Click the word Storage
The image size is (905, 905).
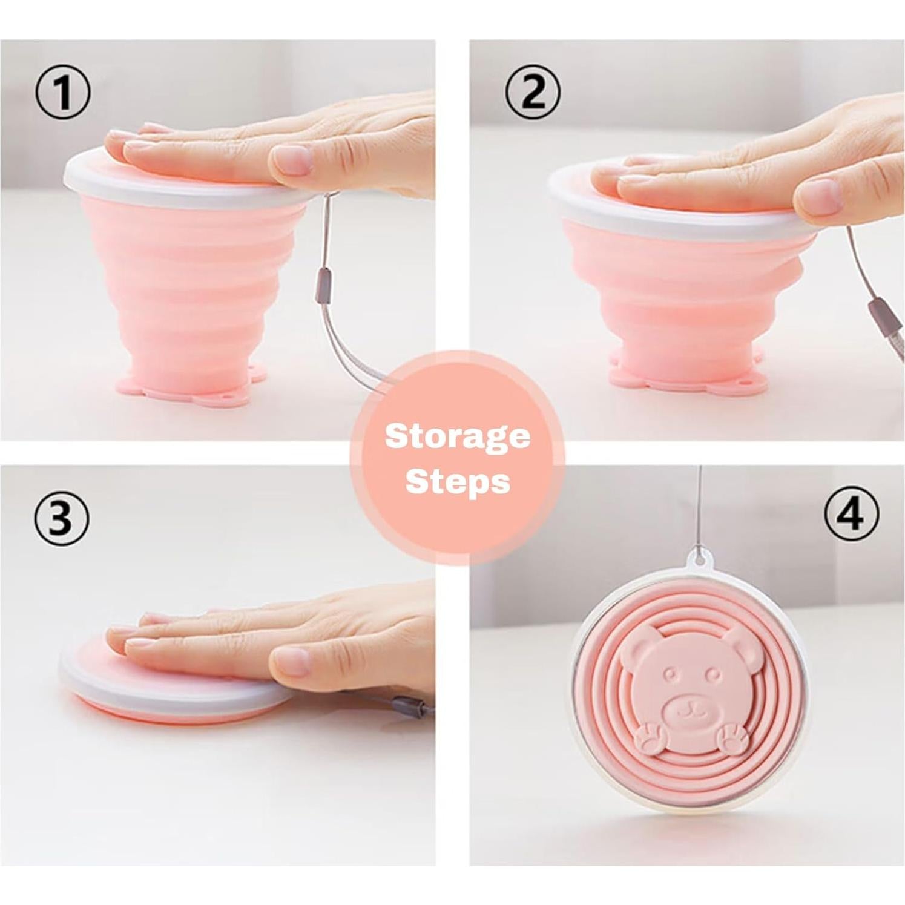[x=457, y=437]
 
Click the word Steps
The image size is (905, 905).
[x=457, y=482]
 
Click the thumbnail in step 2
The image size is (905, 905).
[x=818, y=197]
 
